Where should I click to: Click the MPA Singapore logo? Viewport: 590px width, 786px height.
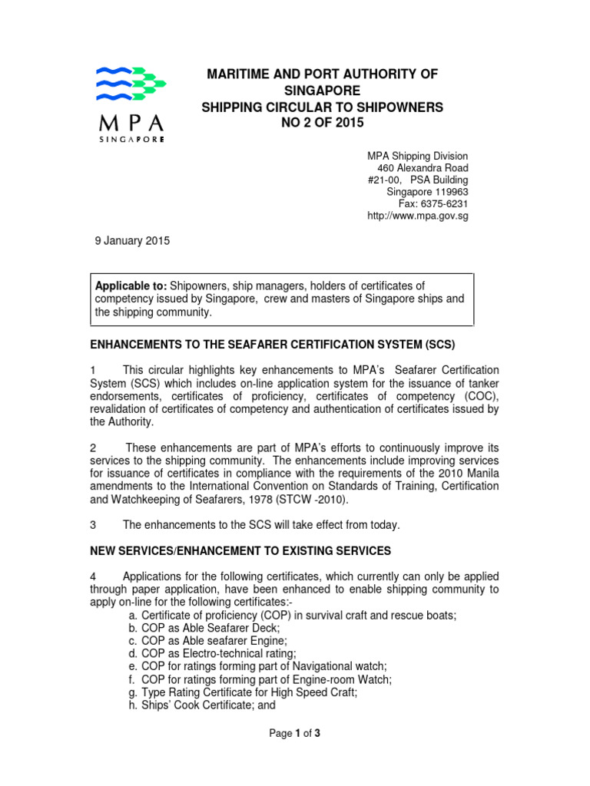[x=129, y=104]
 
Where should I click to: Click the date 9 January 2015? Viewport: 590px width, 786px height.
[x=131, y=240]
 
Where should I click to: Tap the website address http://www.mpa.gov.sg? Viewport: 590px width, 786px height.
[x=419, y=216]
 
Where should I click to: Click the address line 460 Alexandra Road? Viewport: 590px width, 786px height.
[x=423, y=167]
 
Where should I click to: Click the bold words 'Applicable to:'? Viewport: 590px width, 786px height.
[x=131, y=286]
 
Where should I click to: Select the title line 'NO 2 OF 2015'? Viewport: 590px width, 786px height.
[x=323, y=124]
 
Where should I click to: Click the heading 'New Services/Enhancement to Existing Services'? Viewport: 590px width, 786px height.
[x=240, y=550]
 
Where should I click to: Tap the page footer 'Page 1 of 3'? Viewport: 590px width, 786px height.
[x=294, y=733]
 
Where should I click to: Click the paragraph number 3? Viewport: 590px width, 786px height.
[x=93, y=525]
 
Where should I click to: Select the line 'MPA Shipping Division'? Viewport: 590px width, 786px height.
[x=419, y=156]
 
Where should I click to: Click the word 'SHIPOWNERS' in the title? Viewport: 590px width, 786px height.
[x=403, y=107]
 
